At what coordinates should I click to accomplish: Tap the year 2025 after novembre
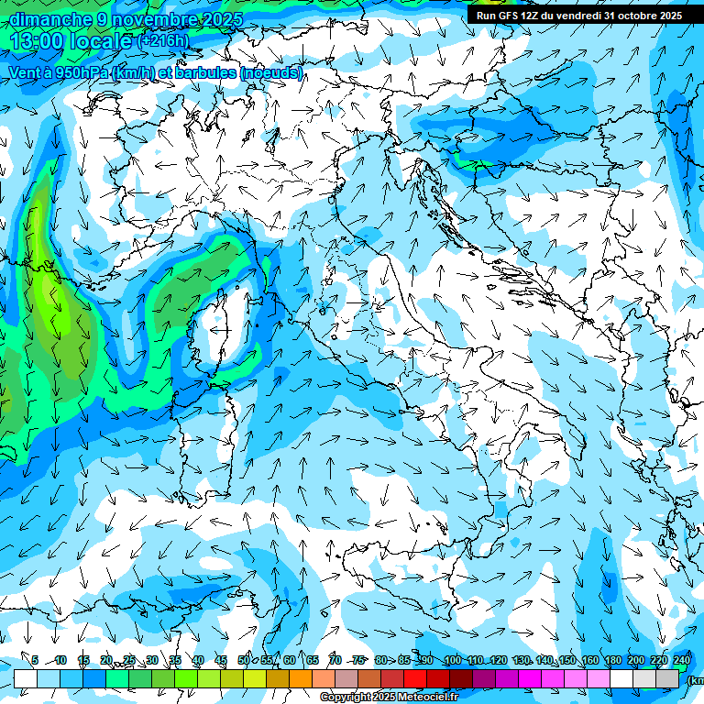tap(221, 19)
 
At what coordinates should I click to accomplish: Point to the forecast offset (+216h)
tap(163, 41)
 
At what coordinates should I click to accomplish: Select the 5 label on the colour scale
tap(35, 660)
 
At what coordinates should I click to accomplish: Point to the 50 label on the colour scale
tap(244, 660)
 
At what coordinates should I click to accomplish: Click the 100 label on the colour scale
tap(452, 660)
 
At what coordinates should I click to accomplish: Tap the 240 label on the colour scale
tap(682, 660)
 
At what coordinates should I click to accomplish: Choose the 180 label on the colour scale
tap(612, 660)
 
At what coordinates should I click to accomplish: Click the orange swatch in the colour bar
tap(300, 678)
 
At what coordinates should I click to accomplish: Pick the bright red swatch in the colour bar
tap(415, 678)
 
